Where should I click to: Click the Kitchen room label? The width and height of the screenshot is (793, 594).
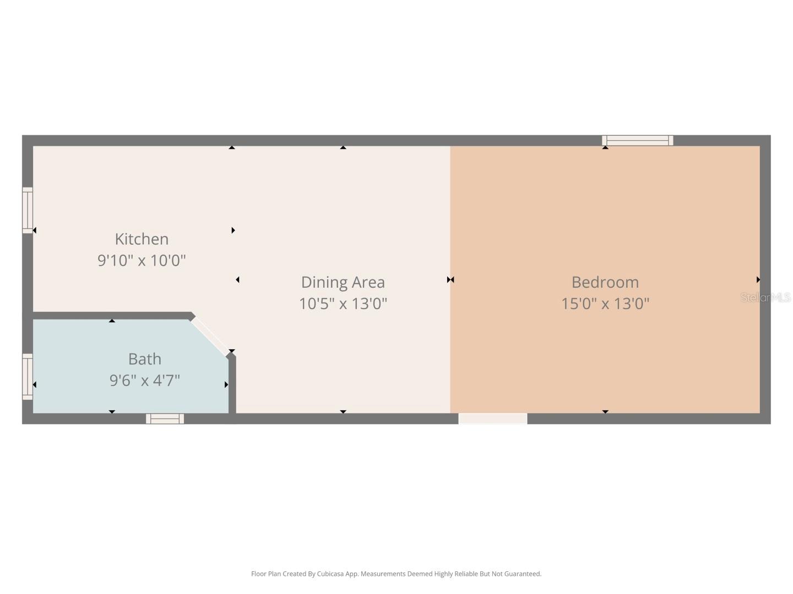[x=142, y=239]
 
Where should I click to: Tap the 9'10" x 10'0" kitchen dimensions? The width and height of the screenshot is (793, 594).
[x=142, y=260]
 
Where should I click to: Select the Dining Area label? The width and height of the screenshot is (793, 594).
[x=343, y=282]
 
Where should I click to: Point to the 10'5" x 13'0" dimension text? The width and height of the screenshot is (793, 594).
[x=343, y=304]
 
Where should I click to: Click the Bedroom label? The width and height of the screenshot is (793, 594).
[x=605, y=282]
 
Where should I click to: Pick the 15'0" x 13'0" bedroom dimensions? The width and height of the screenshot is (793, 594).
[x=605, y=304]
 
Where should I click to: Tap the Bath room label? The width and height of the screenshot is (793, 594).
[x=144, y=359]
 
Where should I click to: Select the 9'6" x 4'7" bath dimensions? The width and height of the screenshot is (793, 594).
[x=144, y=380]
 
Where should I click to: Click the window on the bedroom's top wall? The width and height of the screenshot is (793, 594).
[x=637, y=140]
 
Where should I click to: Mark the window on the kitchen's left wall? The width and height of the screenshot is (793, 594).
[x=28, y=210]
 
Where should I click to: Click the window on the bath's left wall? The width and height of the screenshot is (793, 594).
[x=28, y=377]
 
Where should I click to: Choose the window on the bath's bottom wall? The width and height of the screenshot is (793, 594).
[x=165, y=419]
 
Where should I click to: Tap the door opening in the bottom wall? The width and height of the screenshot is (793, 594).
[x=493, y=419]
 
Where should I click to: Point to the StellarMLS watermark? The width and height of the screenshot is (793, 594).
[x=765, y=298]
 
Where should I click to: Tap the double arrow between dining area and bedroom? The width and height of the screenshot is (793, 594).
[x=450, y=280]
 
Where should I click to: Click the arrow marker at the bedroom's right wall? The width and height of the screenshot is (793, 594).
[x=758, y=280]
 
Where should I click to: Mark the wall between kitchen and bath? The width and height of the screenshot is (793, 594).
[x=110, y=316]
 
